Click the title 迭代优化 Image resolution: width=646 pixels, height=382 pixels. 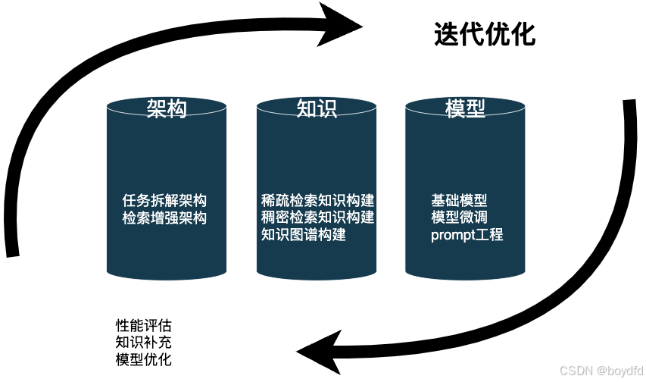click(x=485, y=34)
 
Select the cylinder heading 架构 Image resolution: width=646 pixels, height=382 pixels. click(x=166, y=108)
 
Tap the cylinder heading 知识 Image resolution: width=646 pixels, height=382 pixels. click(x=316, y=108)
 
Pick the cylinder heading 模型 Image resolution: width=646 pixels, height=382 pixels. click(x=465, y=108)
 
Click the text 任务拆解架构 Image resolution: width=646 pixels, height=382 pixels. click(x=164, y=201)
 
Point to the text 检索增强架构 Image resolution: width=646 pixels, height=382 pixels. click(x=164, y=218)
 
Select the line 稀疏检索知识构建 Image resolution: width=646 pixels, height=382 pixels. click(x=317, y=201)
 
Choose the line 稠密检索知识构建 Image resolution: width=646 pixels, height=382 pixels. click(x=317, y=218)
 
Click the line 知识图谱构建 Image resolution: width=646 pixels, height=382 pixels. click(x=303, y=234)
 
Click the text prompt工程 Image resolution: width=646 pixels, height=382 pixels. click(x=467, y=234)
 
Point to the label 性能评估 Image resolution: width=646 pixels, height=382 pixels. click(x=143, y=324)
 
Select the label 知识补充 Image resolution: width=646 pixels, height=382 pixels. click(x=143, y=341)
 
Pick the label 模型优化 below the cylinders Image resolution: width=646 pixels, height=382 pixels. click(x=143, y=358)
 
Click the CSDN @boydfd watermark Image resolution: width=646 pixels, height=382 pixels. click(x=601, y=371)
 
